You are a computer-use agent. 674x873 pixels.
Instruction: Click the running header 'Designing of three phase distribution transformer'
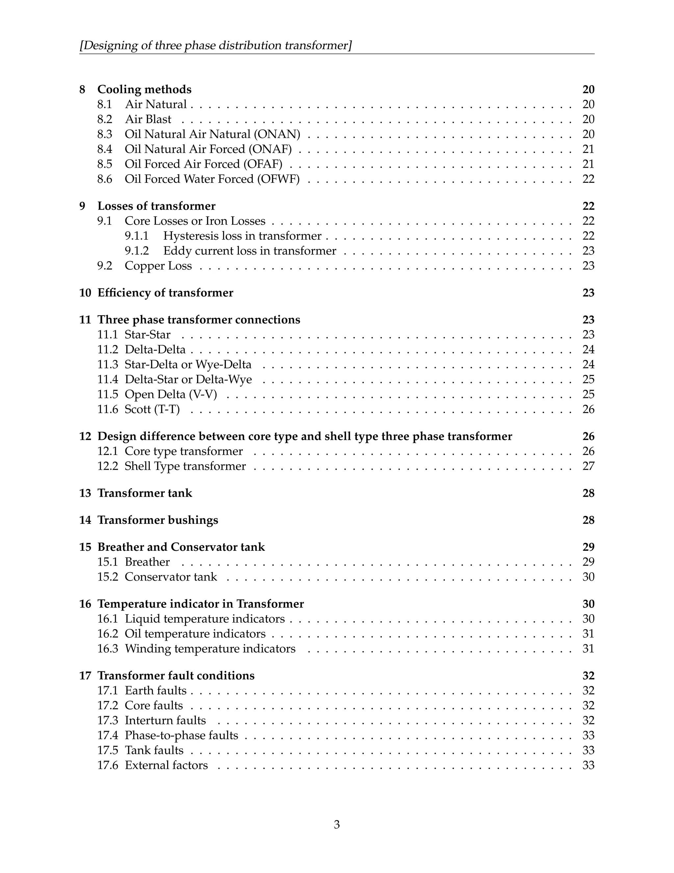(216, 45)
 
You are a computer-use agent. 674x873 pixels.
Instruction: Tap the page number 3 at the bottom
(337, 824)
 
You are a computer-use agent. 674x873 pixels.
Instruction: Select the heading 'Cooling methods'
(144, 89)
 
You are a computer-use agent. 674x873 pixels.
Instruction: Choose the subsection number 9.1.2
(137, 251)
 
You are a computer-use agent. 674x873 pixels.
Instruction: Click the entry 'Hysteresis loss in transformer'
(242, 236)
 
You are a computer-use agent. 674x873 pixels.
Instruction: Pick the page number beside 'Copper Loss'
(588, 266)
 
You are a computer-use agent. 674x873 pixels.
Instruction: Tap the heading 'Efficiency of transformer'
(165, 293)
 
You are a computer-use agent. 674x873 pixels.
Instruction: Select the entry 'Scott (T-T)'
(152, 409)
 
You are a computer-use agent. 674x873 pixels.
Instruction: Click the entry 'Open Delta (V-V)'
(170, 395)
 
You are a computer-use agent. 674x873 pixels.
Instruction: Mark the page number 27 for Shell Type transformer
(588, 466)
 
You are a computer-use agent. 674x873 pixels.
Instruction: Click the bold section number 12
(85, 436)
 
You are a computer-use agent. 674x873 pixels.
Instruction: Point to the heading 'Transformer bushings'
(158, 520)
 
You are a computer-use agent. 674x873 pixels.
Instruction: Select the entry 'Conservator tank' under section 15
(170, 577)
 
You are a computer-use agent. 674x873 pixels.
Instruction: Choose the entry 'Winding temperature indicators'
(210, 648)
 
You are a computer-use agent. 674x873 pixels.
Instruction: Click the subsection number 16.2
(107, 634)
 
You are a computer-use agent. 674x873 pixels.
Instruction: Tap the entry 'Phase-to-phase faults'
(181, 735)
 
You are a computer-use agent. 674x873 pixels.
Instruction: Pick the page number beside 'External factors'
(588, 765)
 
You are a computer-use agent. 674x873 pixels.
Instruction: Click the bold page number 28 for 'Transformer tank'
(588, 493)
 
